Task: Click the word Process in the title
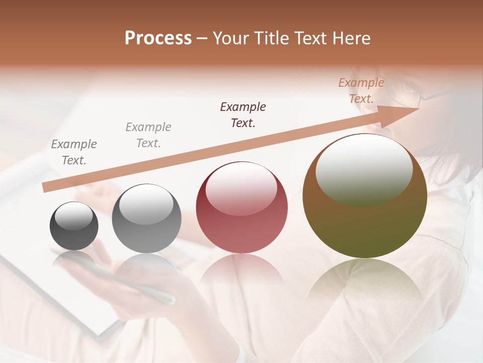(x=158, y=38)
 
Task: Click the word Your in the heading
(x=230, y=38)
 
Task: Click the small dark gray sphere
(x=74, y=226)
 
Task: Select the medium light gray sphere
(x=146, y=219)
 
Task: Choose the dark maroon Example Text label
(x=243, y=114)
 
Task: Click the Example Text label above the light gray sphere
(x=148, y=135)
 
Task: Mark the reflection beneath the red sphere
(x=242, y=272)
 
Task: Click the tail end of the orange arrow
(x=46, y=187)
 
